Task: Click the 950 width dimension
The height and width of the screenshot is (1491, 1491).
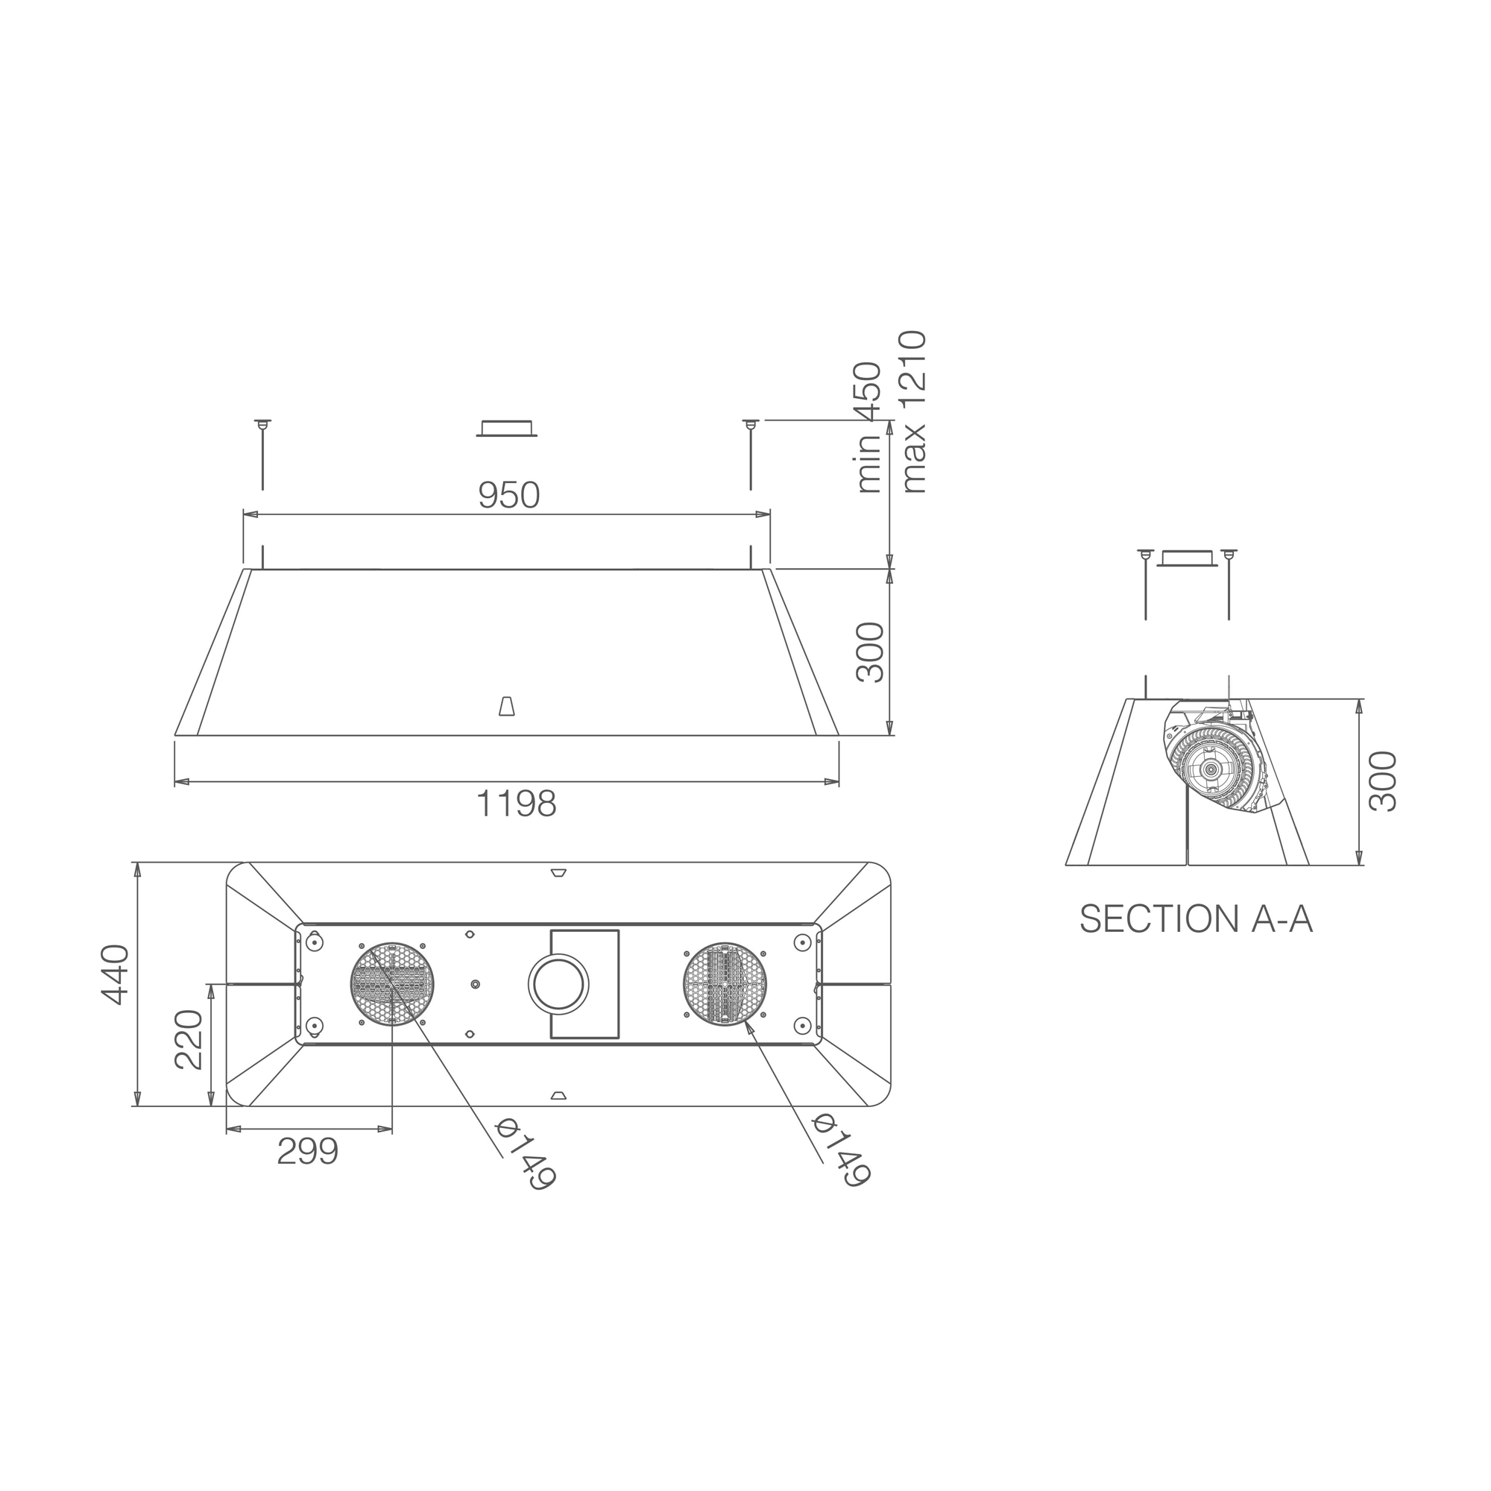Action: pyautogui.click(x=508, y=496)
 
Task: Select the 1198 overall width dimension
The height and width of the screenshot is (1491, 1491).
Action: pyautogui.click(x=516, y=804)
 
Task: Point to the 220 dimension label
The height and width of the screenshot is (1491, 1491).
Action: pyautogui.click(x=189, y=1039)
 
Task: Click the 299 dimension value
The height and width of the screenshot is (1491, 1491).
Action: pyautogui.click(x=307, y=1153)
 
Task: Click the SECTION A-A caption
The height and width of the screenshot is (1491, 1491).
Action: pyautogui.click(x=1196, y=919)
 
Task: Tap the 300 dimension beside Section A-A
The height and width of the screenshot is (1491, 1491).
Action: pyautogui.click(x=1382, y=781)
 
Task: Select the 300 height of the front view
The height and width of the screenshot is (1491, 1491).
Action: pyautogui.click(x=871, y=652)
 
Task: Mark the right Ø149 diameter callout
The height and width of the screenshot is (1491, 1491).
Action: pyautogui.click(x=842, y=1149)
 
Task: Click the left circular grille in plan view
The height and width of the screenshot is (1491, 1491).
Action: pyautogui.click(x=392, y=984)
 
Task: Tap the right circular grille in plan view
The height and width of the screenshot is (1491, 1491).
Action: pyautogui.click(x=725, y=984)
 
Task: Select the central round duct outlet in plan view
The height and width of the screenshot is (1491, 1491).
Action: pyautogui.click(x=558, y=985)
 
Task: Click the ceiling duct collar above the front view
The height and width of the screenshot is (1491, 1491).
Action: pyautogui.click(x=506, y=429)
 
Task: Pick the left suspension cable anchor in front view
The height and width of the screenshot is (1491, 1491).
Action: pyautogui.click(x=262, y=423)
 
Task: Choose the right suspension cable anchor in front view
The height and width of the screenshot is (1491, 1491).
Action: pyautogui.click(x=750, y=423)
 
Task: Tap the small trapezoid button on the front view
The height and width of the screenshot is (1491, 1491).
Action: pyautogui.click(x=506, y=706)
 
